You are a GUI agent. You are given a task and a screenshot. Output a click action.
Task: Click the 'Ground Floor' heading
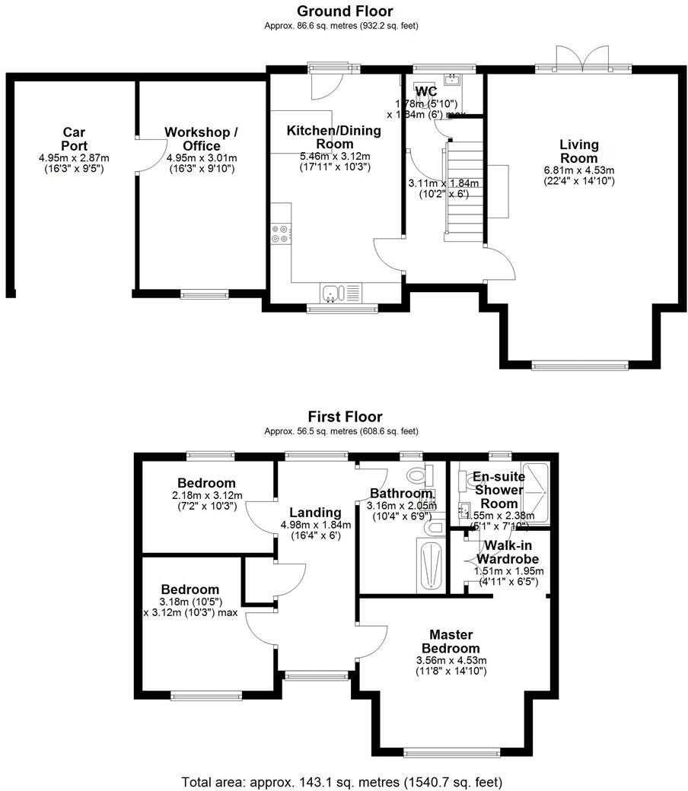tap(345, 11)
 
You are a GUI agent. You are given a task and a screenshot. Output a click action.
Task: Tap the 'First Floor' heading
tap(345, 417)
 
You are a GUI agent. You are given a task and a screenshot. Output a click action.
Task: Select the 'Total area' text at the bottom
tap(342, 781)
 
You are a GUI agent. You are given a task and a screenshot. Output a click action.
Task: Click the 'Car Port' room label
tap(75, 139)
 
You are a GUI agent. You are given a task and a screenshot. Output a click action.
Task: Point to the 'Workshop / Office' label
tap(202, 139)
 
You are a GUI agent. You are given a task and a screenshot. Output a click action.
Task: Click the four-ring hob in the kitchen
tap(279, 233)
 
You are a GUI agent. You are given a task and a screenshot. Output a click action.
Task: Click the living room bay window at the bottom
tap(580, 364)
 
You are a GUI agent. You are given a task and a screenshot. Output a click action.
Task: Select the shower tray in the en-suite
tap(538, 491)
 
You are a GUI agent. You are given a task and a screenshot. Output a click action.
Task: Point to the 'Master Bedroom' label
tap(451, 641)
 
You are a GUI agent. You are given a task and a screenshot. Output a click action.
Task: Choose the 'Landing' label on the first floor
tap(315, 512)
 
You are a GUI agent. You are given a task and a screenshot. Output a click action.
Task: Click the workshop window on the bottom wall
tap(205, 294)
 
